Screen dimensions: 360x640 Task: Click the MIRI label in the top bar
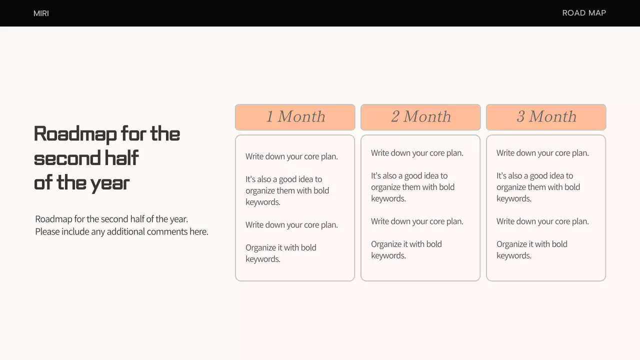[41, 13]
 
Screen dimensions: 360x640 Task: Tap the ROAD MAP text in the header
[584, 13]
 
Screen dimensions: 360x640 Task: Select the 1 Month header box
[295, 117]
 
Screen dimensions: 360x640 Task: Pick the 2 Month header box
[420, 117]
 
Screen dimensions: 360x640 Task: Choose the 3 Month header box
[546, 117]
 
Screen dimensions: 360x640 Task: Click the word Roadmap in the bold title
[74, 134]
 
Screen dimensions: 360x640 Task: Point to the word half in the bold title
[121, 158]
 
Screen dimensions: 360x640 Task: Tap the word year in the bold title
[109, 183]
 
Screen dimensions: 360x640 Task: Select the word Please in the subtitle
[47, 231]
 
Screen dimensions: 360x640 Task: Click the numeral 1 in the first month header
[269, 117]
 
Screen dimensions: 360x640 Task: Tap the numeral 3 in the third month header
[520, 117]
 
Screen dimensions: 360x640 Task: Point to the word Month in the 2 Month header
[427, 117]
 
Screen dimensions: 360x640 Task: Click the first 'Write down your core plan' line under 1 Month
[291, 156]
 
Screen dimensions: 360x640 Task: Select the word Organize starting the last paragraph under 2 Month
[387, 244]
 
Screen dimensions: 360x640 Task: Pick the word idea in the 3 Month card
[550, 175]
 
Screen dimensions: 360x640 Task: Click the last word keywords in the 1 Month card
[262, 259]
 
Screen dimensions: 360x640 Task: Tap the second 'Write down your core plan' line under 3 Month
[542, 221]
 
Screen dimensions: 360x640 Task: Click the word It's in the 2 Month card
[376, 175]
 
